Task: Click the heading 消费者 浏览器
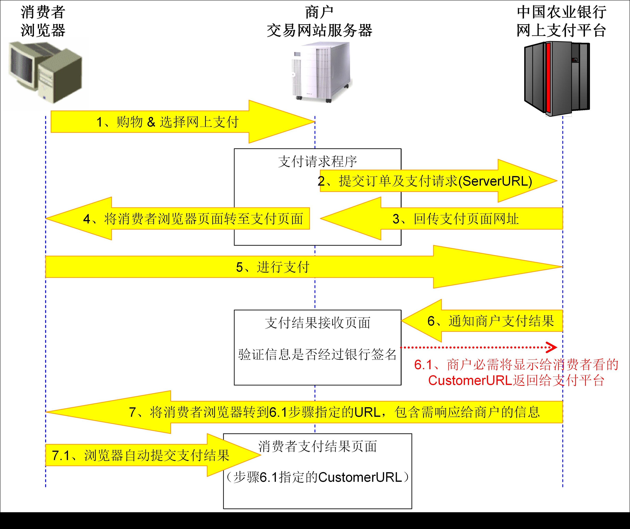pyautogui.click(x=43, y=21)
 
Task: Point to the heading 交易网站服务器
pyautogui.click(x=319, y=31)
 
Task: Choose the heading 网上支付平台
pyautogui.click(x=561, y=31)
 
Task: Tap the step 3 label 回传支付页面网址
pyautogui.click(x=456, y=219)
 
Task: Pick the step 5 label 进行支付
pyautogui.click(x=272, y=267)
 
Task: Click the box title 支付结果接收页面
pyautogui.click(x=317, y=323)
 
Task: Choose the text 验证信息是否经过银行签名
pyautogui.click(x=317, y=354)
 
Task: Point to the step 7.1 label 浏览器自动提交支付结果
pyautogui.click(x=140, y=455)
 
